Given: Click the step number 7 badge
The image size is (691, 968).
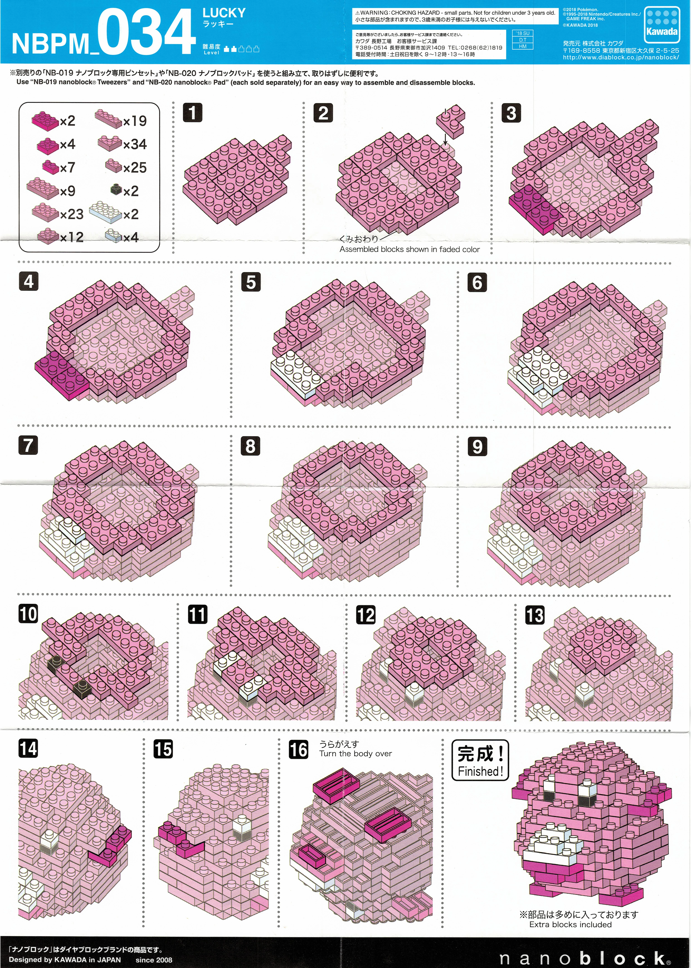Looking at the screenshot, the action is pyautogui.click(x=28, y=445).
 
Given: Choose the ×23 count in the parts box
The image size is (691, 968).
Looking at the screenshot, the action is pyautogui.click(x=71, y=214).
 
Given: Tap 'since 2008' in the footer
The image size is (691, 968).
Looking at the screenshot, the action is pyautogui.click(x=154, y=960).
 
